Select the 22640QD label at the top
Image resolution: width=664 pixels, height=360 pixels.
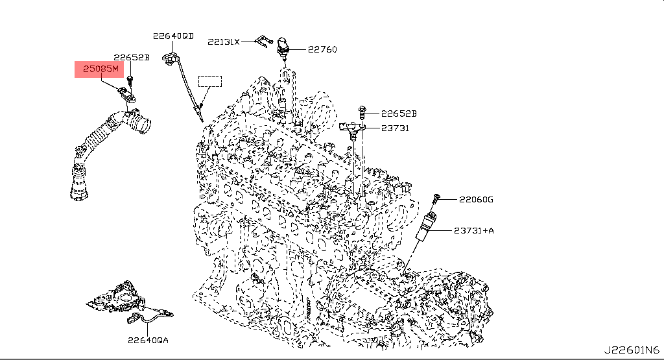coord(173,36)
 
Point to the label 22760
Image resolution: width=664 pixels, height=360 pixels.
coord(322,49)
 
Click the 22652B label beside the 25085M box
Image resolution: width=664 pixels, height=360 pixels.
coord(132,57)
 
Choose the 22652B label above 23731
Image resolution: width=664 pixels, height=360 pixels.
coord(398,114)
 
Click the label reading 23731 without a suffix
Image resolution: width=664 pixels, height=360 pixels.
coord(394,128)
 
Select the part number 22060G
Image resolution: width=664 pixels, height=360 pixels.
coord(476,199)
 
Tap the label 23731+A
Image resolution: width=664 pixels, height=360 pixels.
coord(473,230)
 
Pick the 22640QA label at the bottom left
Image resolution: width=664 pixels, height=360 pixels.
coord(147,339)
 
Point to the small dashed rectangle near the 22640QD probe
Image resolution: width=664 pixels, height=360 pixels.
coord(209,81)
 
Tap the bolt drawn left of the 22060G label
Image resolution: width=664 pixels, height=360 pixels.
coord(436,197)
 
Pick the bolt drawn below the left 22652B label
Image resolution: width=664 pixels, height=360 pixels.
coord(130,80)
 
